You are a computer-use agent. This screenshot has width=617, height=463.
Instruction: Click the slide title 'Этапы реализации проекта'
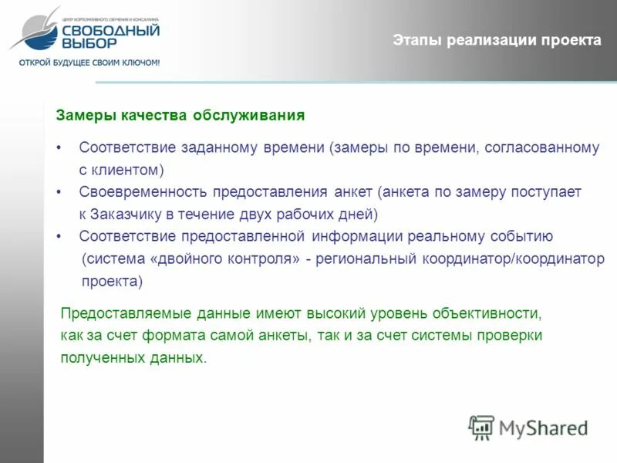pos(496,40)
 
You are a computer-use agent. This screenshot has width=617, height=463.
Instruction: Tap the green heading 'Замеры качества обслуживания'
pos(180,116)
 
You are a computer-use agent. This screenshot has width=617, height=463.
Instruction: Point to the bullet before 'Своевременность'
pos(59,191)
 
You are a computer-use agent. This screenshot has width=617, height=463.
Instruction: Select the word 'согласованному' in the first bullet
pos(541,147)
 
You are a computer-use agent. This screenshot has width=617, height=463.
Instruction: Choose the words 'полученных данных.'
pos(134,358)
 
